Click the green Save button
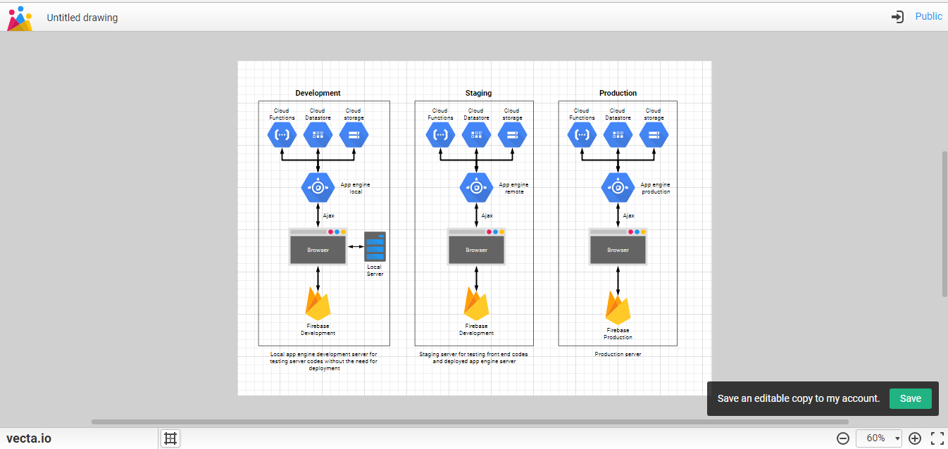pyautogui.click(x=910, y=398)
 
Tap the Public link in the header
pyautogui.click(x=928, y=16)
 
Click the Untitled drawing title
pyautogui.click(x=82, y=18)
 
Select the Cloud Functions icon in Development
pyautogui.click(x=282, y=134)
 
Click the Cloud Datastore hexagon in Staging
pyautogui.click(x=476, y=134)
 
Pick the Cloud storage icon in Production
pyautogui.click(x=654, y=134)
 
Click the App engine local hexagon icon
pyautogui.click(x=318, y=187)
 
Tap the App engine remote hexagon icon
pyautogui.click(x=476, y=187)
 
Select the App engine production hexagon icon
pyautogui.click(x=618, y=187)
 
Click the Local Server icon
pyautogui.click(x=375, y=246)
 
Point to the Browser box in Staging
pyautogui.click(x=476, y=250)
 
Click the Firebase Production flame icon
pyautogui.click(x=618, y=308)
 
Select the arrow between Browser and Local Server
pyautogui.click(x=356, y=246)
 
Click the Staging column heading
pyautogui.click(x=478, y=93)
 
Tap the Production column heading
pyautogui.click(x=618, y=93)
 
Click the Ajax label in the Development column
pyautogui.click(x=328, y=215)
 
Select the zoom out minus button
pyautogui.click(x=843, y=438)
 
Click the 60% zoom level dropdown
pyautogui.click(x=879, y=438)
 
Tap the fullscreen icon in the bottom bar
pyautogui.click(x=937, y=438)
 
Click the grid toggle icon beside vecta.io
pyautogui.click(x=170, y=438)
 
